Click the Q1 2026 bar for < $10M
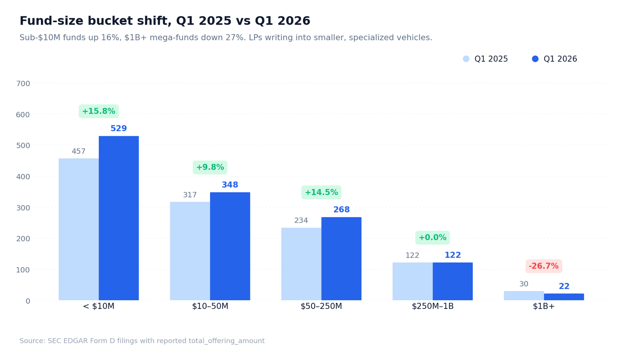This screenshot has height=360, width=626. click(x=118, y=218)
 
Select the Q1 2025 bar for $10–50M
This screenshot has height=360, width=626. click(x=190, y=251)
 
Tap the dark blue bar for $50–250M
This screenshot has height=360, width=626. click(x=341, y=259)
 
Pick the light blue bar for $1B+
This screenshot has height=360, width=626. click(x=523, y=296)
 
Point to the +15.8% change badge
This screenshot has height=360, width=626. click(x=99, y=111)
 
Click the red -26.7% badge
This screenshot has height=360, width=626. click(x=543, y=266)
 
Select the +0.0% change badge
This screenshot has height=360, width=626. click(x=432, y=238)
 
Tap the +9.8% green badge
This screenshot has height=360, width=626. click(x=210, y=167)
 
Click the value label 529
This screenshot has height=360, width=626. click(x=118, y=129)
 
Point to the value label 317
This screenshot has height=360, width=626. click(x=190, y=195)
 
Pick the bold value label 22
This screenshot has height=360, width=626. click(x=564, y=286)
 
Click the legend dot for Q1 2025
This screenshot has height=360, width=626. click(x=466, y=59)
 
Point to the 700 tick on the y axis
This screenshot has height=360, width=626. click(x=23, y=84)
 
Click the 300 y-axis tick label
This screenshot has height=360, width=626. click(x=23, y=208)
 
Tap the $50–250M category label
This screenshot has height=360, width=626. click(x=321, y=306)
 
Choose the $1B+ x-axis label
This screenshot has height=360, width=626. click(x=543, y=306)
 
